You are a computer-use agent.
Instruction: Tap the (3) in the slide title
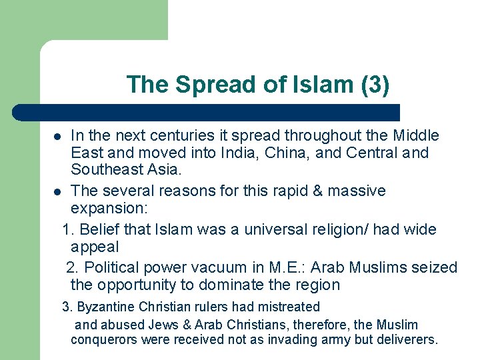coord(374,85)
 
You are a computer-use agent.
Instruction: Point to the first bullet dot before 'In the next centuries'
coord(58,137)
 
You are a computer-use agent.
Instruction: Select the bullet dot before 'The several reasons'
coord(58,192)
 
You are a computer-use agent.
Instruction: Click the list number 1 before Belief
coord(66,230)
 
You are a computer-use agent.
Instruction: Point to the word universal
coord(275,230)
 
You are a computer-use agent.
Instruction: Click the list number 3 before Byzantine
coord(65,307)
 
